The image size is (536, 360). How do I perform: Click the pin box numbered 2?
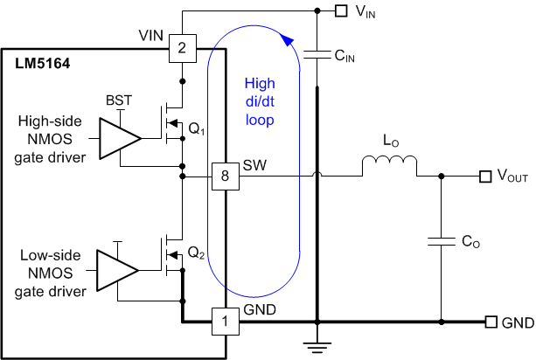click(x=182, y=48)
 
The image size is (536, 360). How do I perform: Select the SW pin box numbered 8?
click(x=226, y=177)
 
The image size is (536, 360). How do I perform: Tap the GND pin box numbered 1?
click(x=226, y=322)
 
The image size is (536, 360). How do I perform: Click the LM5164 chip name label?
click(x=43, y=64)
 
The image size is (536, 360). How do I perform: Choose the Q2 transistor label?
click(x=197, y=255)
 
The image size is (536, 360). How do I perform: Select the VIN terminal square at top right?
click(x=341, y=11)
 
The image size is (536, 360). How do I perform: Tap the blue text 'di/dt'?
click(x=261, y=100)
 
